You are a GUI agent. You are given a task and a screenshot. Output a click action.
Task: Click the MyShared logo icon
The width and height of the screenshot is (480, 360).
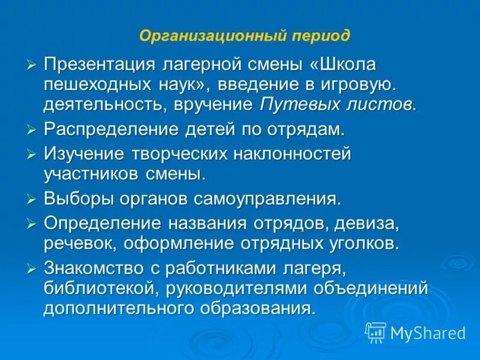pos(376,332)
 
